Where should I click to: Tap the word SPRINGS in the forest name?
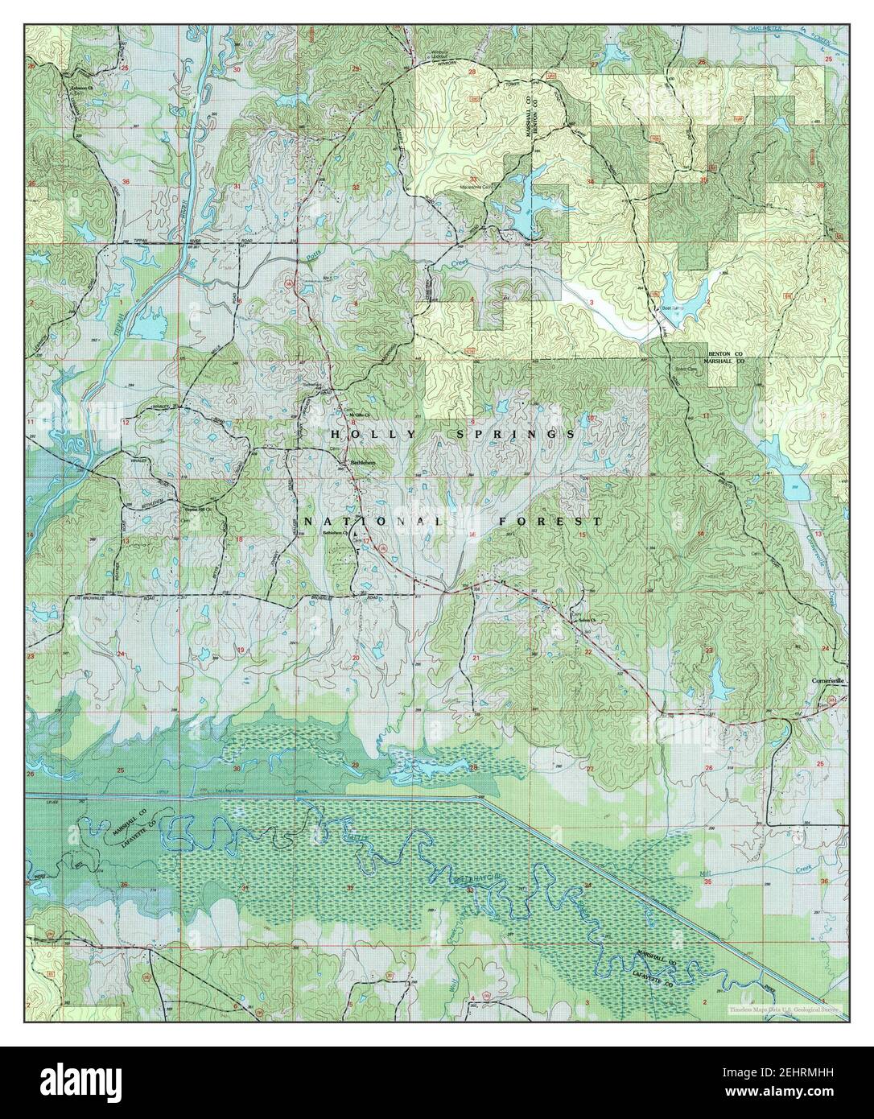pyautogui.click(x=505, y=434)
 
